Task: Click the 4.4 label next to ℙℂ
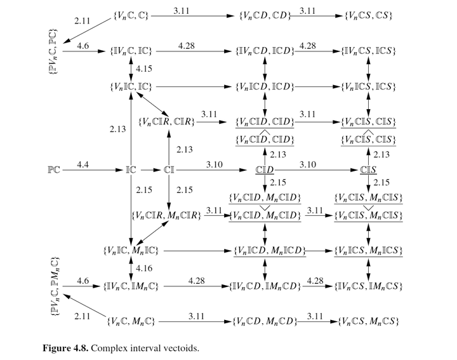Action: coord(83,164)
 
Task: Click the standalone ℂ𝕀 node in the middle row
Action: coord(169,170)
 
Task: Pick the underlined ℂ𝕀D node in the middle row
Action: coord(264,170)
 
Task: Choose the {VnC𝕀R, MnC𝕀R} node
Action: coord(167,216)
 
